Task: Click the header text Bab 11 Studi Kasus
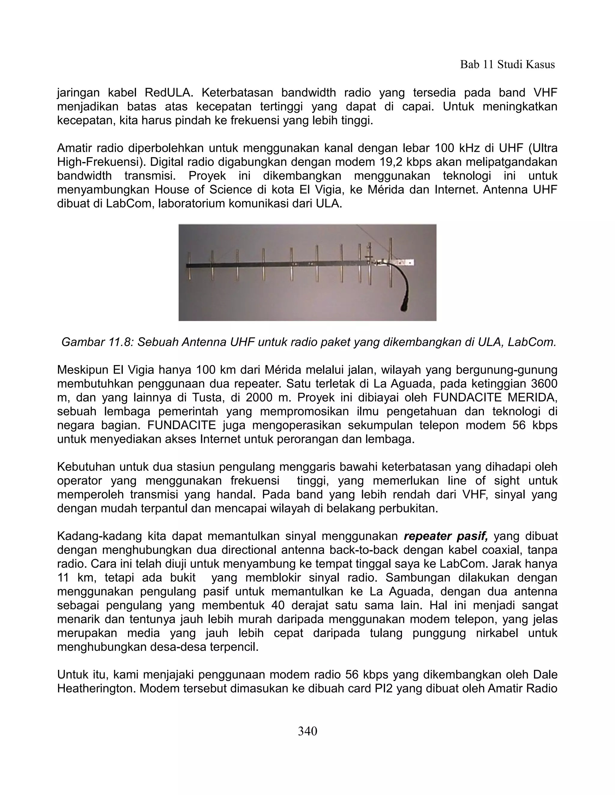click(x=507, y=64)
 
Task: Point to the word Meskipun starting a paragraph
click(x=83, y=370)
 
